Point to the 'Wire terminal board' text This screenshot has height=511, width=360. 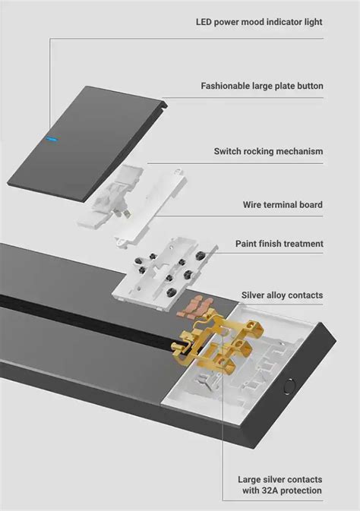(x=283, y=204)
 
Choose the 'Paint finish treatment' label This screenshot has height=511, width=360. (x=279, y=244)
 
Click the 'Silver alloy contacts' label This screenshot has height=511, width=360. (x=282, y=295)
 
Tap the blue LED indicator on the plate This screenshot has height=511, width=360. (x=50, y=139)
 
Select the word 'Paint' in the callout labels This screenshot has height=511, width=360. (x=248, y=244)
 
